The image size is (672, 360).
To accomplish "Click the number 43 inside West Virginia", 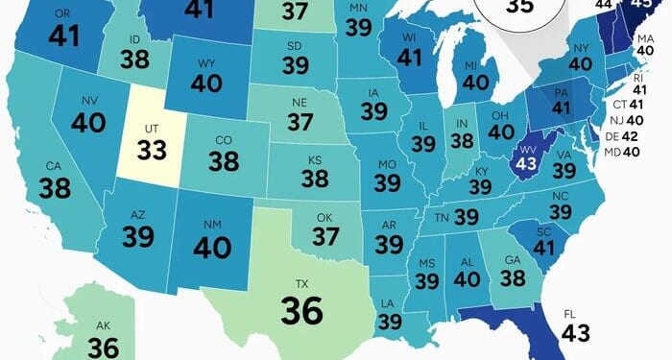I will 526,163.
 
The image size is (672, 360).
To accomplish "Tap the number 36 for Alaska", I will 103,347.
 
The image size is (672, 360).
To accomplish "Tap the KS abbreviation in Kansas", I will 314,158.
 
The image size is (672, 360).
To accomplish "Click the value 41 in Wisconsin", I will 409,57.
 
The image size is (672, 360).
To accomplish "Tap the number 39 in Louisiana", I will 390,322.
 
